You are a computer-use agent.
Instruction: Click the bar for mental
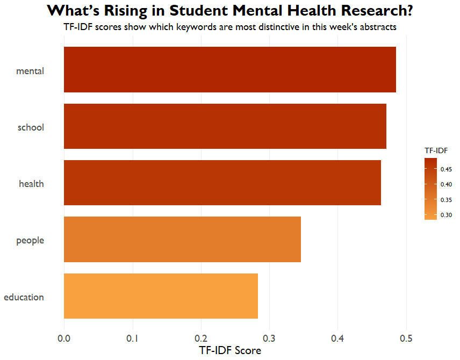(x=230, y=70)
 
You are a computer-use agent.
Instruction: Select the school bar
(x=225, y=126)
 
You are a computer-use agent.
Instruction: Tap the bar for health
(x=222, y=183)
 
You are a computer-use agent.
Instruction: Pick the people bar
(x=182, y=240)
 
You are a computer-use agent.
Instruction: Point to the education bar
(x=161, y=296)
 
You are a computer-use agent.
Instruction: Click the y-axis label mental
(x=30, y=71)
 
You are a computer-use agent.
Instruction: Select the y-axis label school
(x=31, y=127)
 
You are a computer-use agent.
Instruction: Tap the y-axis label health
(x=31, y=184)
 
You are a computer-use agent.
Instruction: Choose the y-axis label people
(x=30, y=241)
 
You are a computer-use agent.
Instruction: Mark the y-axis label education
(x=24, y=297)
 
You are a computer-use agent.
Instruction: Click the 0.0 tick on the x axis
(x=64, y=339)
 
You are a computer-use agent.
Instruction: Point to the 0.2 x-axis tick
(x=201, y=339)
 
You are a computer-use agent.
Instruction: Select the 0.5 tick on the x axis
(x=406, y=339)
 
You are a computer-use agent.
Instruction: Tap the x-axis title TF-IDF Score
(x=230, y=351)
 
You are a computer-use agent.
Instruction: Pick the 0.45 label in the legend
(x=447, y=169)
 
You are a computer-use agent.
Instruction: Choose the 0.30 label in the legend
(x=447, y=215)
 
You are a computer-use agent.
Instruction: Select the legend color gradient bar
(x=431, y=189)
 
